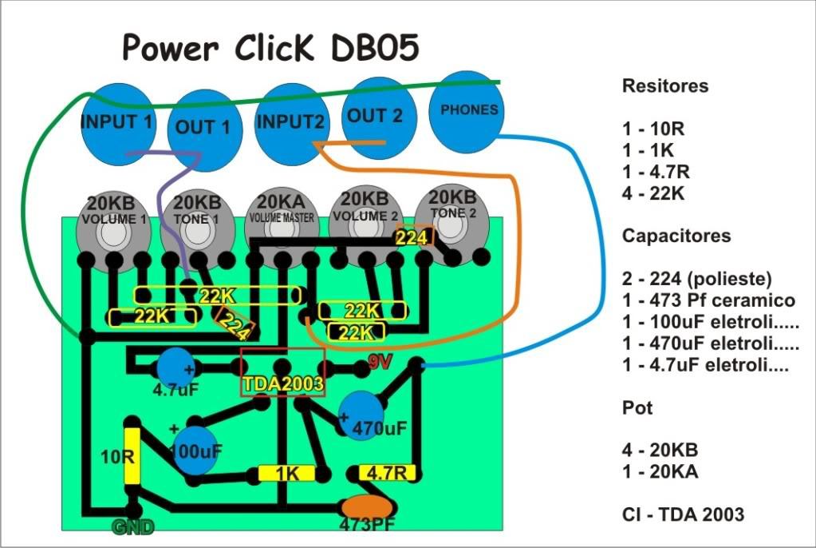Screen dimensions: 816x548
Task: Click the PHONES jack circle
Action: click(x=467, y=112)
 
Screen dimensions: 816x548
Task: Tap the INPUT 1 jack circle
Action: click(x=119, y=124)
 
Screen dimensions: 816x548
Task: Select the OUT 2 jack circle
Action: click(x=378, y=118)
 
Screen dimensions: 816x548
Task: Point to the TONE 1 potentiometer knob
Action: click(x=197, y=228)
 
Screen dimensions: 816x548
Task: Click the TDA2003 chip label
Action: click(x=283, y=384)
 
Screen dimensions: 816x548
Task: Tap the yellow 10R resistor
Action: click(x=132, y=456)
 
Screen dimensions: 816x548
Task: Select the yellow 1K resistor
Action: click(x=286, y=474)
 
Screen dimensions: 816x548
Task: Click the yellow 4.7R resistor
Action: click(x=386, y=472)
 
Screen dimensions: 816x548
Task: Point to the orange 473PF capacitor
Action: click(x=368, y=508)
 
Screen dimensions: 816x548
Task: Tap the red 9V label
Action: click(x=380, y=362)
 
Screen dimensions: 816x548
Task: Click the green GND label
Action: click(x=133, y=527)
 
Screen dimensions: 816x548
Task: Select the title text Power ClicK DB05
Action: click(x=270, y=47)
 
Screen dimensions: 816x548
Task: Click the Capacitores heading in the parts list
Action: click(x=676, y=236)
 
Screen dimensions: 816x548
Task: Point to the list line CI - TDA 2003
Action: click(x=683, y=514)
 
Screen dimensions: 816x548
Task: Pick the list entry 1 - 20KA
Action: click(x=660, y=472)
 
